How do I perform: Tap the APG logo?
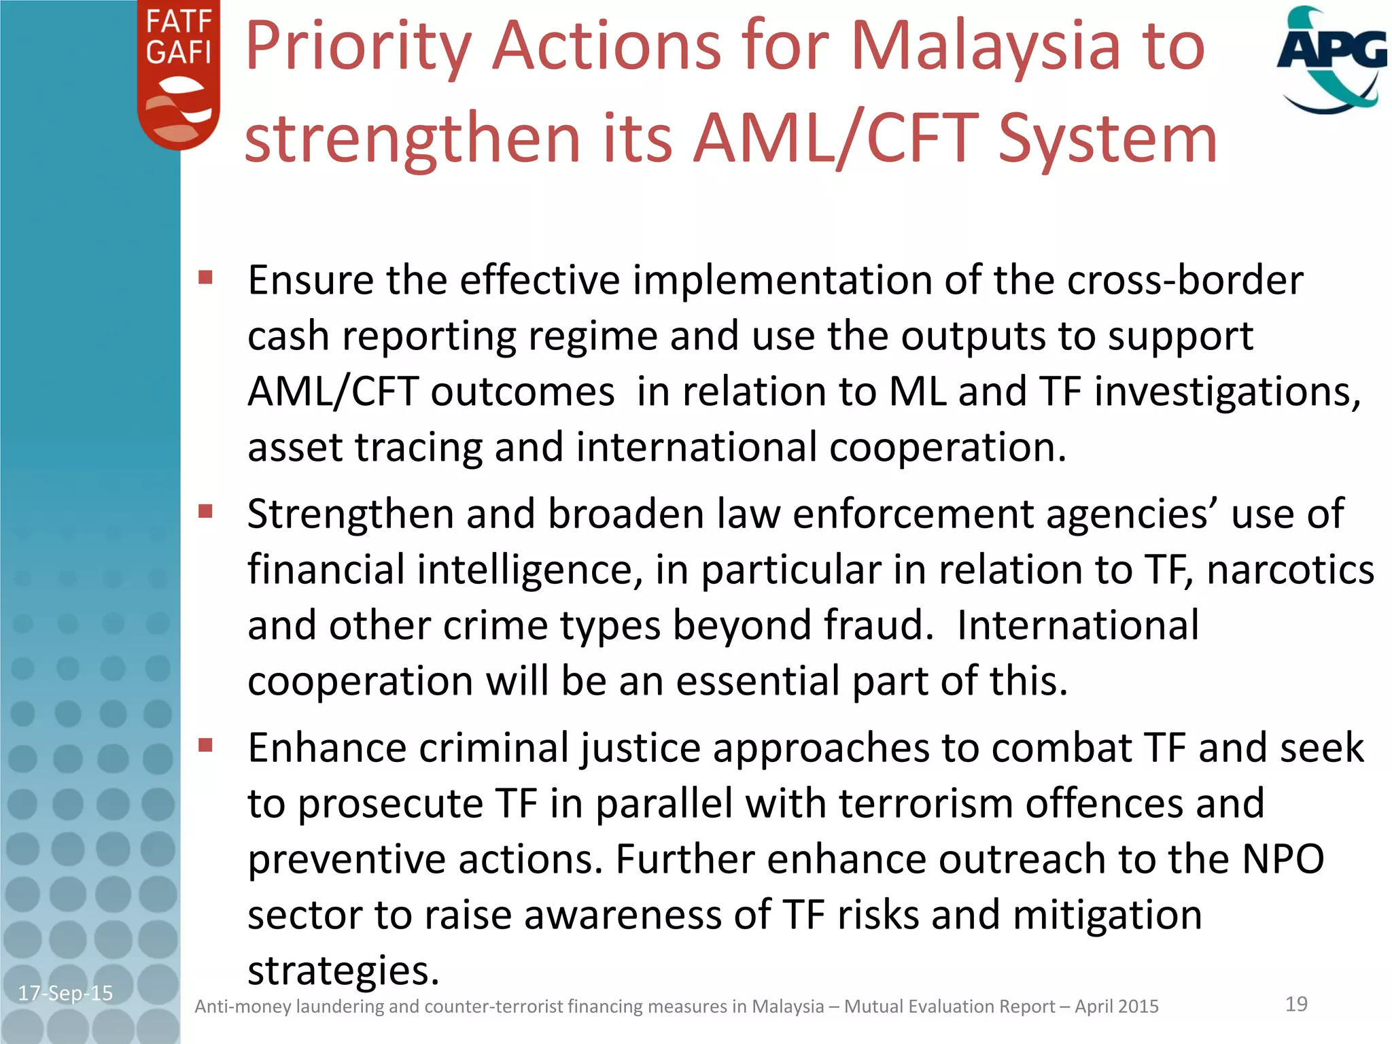pyautogui.click(x=1331, y=60)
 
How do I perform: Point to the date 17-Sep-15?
pyautogui.click(x=65, y=993)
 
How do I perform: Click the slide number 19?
pyautogui.click(x=1296, y=1004)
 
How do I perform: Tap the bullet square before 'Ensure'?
pyautogui.click(x=205, y=277)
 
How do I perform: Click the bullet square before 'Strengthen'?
pyautogui.click(x=205, y=510)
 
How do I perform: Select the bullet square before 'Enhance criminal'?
pyautogui.click(x=205, y=746)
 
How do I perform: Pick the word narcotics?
pyautogui.click(x=1290, y=570)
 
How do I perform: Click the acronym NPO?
pyautogui.click(x=1283, y=859)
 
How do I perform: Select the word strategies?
pyautogui.click(x=343, y=971)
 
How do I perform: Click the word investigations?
pyautogui.click(x=1227, y=392)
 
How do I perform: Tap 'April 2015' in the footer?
pyautogui.click(x=1116, y=1006)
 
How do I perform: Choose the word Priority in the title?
pyautogui.click(x=358, y=46)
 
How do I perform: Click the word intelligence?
pyautogui.click(x=529, y=570)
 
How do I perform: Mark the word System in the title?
pyautogui.click(x=1107, y=139)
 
